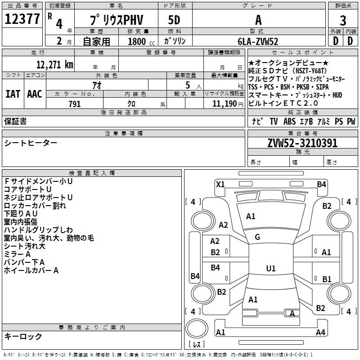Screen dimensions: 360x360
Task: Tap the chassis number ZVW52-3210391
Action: tap(302, 143)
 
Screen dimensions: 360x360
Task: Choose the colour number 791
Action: tap(75, 104)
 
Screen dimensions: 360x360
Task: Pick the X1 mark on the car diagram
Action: tap(220, 184)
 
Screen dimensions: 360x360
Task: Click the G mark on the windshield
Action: tap(257, 237)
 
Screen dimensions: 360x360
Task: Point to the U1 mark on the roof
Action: tap(270, 269)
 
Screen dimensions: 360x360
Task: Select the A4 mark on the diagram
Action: tap(320, 332)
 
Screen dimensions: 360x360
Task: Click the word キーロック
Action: tap(23, 337)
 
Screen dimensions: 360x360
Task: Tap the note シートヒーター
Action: tap(31, 143)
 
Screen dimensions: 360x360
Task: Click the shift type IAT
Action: tap(13, 94)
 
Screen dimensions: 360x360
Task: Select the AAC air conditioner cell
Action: tap(35, 94)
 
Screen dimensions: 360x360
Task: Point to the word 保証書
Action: tap(15, 121)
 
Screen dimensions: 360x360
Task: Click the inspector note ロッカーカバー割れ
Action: tap(35, 206)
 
